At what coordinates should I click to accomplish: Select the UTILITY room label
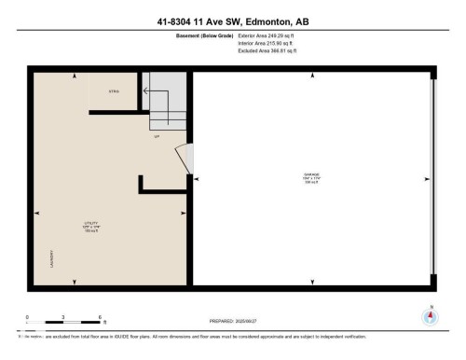point(91,225)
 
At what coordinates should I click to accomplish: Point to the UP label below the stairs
point(158,135)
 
